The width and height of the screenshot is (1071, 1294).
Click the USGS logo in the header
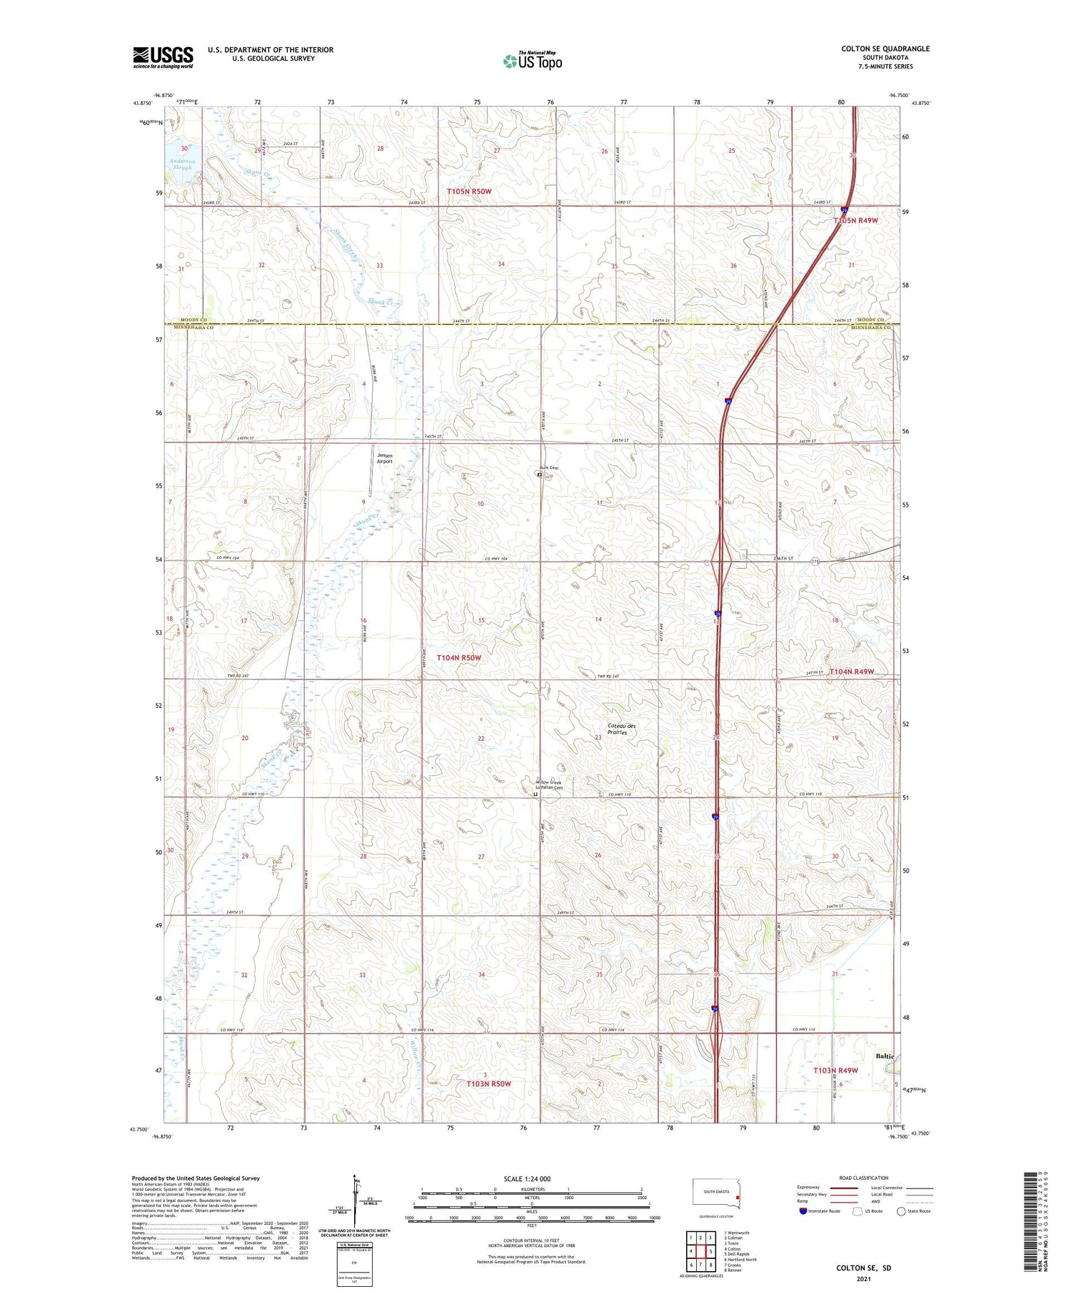click(163, 57)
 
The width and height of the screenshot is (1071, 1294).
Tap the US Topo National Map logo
click(533, 61)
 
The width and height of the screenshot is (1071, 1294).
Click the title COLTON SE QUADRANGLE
click(885, 49)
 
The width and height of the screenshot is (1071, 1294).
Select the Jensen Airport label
click(385, 458)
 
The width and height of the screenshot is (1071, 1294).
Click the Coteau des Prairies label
click(621, 729)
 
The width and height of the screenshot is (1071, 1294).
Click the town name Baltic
click(884, 1056)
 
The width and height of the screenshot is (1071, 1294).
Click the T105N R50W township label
click(469, 191)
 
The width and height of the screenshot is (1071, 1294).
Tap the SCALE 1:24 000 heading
click(527, 1178)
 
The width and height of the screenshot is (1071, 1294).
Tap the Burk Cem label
click(548, 468)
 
